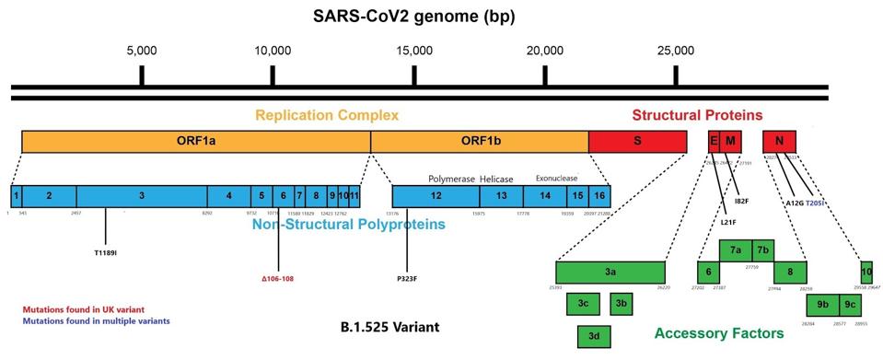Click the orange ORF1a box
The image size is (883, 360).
195,141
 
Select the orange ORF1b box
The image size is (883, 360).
479,141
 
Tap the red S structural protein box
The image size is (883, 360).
637,141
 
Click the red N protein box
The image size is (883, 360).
779,141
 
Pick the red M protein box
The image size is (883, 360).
730,141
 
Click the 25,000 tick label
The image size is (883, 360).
677,50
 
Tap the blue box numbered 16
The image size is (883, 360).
598,195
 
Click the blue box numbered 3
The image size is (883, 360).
141,195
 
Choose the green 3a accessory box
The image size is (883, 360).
610,273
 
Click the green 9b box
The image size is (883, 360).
822,305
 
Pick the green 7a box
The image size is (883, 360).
736,250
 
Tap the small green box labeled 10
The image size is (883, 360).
866,273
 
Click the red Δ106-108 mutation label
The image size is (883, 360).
277,278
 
